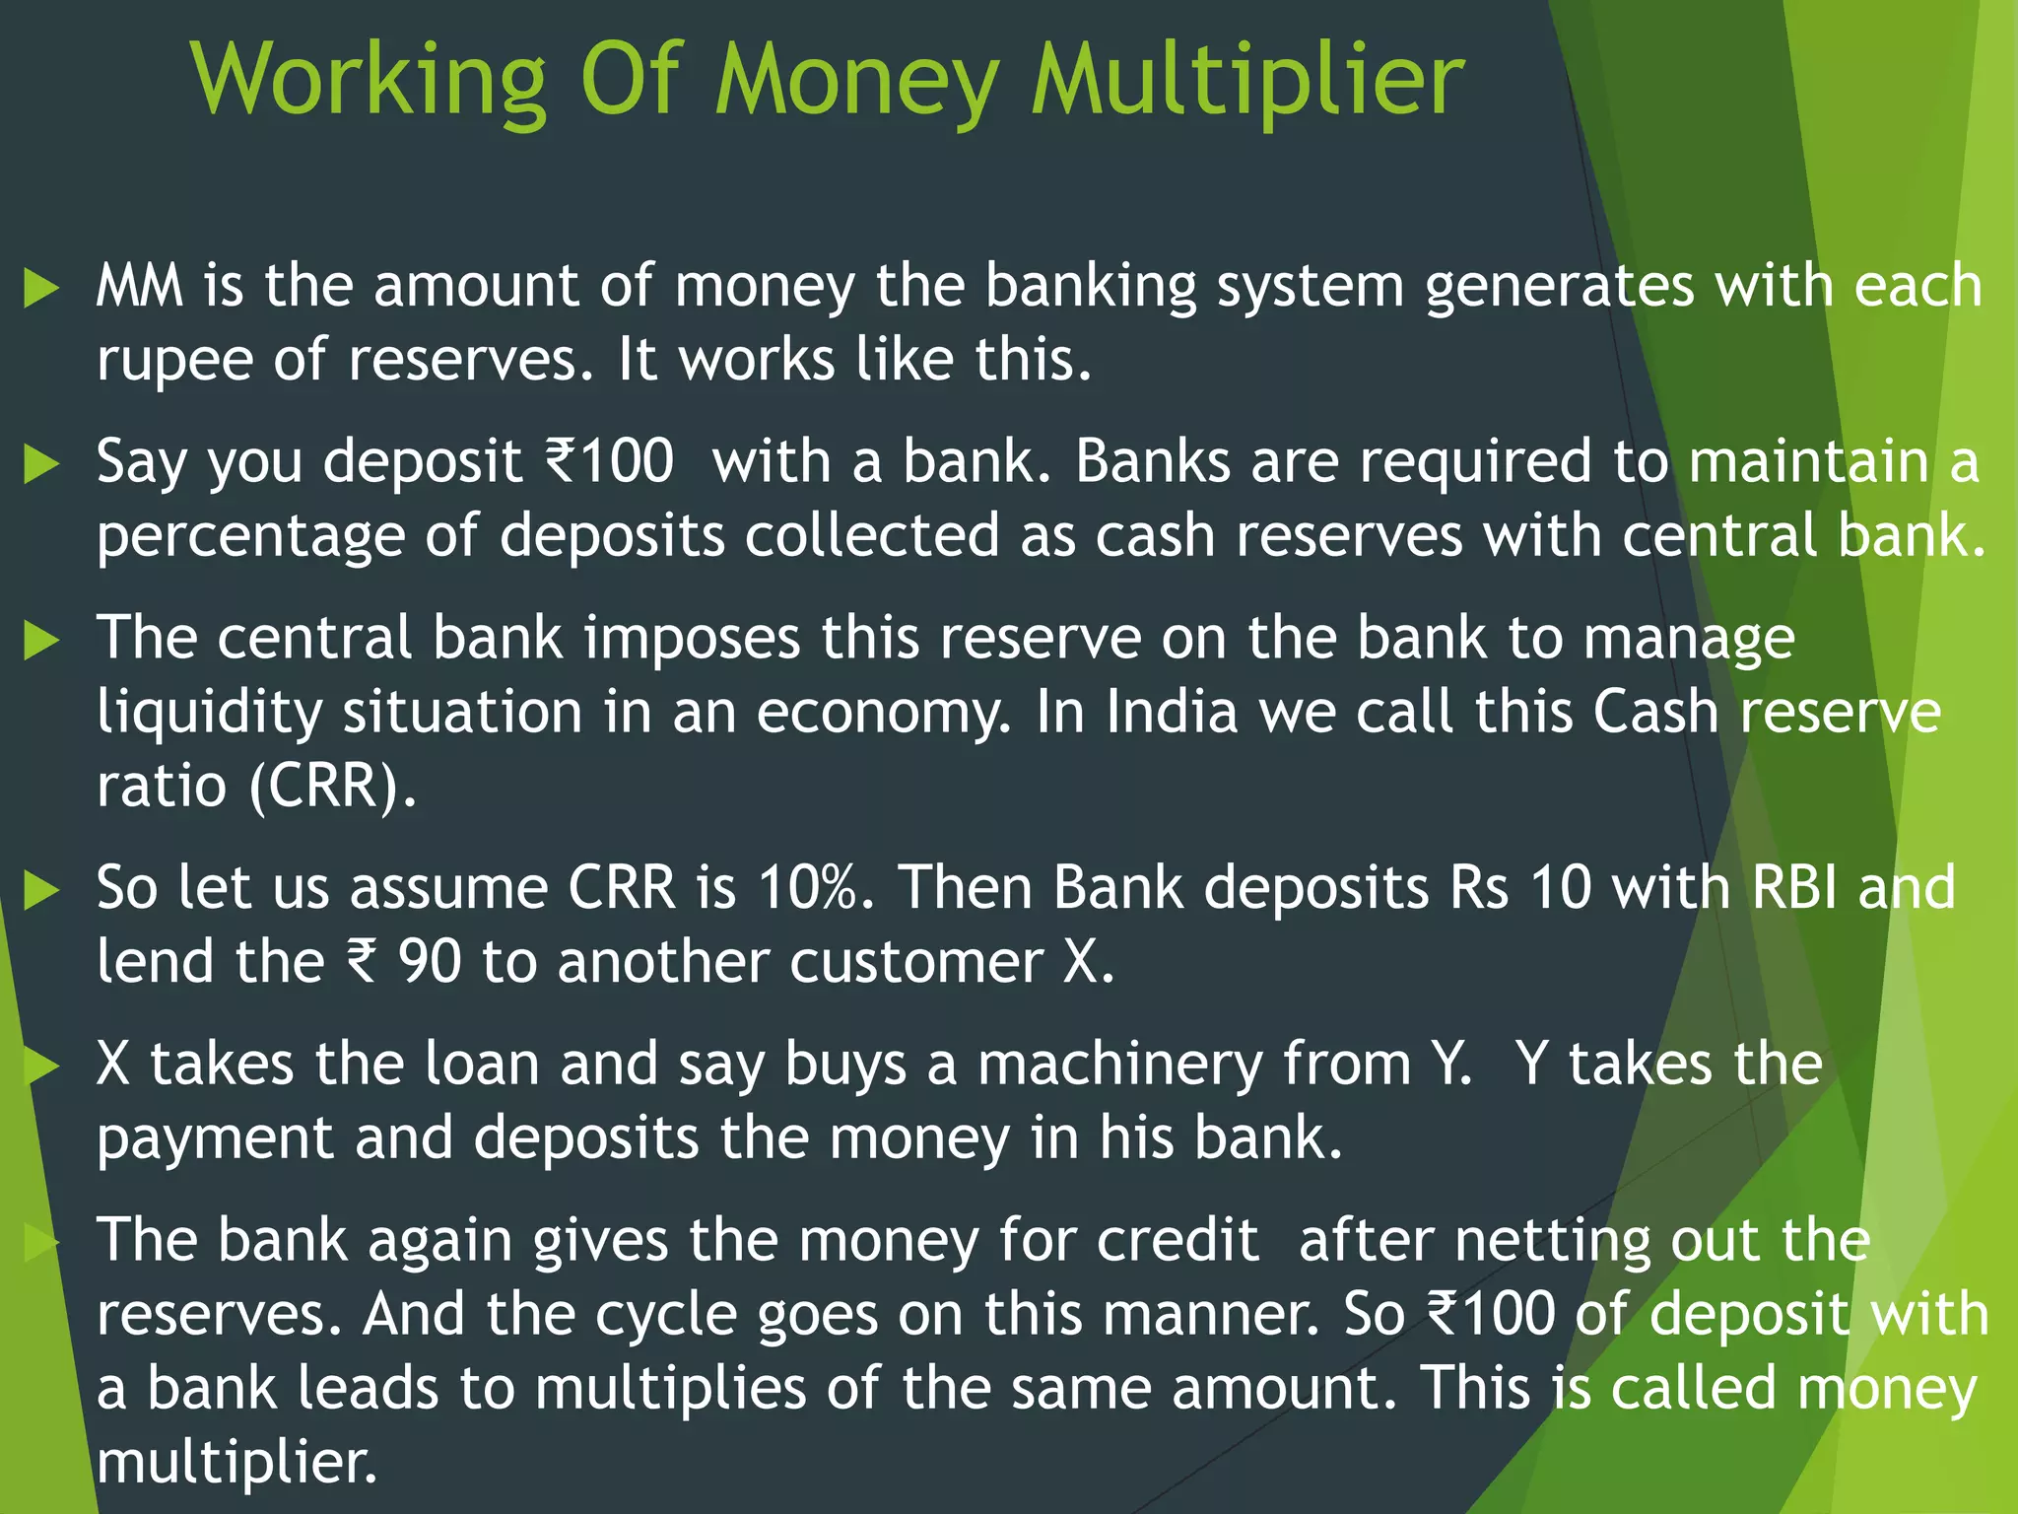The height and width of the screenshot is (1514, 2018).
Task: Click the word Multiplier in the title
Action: pyautogui.click(x=1246, y=81)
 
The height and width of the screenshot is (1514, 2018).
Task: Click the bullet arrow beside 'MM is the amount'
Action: pyautogui.click(x=41, y=289)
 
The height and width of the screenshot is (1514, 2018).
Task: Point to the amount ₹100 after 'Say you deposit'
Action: pyautogui.click(x=610, y=461)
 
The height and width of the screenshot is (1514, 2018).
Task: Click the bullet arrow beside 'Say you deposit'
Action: pyautogui.click(x=41, y=464)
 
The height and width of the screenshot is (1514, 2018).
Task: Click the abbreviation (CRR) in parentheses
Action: pyautogui.click(x=332, y=786)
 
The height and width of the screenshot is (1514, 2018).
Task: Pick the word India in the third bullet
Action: pyautogui.click(x=1171, y=712)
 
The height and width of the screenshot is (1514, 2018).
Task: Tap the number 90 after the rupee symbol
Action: pyautogui.click(x=430, y=961)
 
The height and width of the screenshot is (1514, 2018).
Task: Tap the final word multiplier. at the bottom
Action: pyautogui.click(x=237, y=1463)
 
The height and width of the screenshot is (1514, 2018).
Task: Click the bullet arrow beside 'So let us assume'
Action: pyautogui.click(x=41, y=891)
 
